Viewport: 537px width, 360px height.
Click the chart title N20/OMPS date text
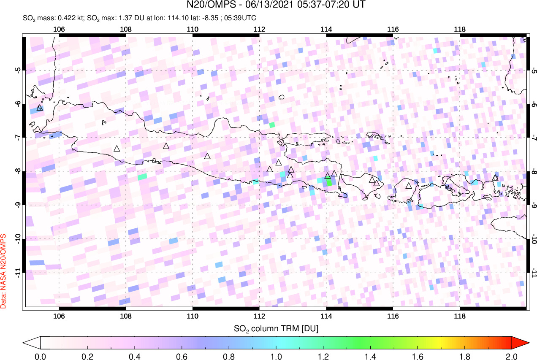(x=277, y=5)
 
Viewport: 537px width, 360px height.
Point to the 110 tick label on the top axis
(x=193, y=29)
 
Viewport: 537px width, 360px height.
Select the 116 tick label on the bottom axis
(x=393, y=317)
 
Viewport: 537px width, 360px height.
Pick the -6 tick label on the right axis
(x=534, y=104)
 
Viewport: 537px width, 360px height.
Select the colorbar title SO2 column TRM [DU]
(x=276, y=328)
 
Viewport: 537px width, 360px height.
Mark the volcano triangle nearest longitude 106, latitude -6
(x=40, y=108)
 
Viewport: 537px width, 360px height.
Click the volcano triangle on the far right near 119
(x=495, y=177)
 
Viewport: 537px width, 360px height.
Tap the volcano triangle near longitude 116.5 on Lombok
(x=408, y=185)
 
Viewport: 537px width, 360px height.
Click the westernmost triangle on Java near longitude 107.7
(x=117, y=148)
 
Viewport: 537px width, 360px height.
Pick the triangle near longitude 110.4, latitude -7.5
(x=207, y=156)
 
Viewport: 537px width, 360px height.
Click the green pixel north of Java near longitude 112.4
(x=272, y=125)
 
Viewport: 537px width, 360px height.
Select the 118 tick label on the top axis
(x=459, y=29)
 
